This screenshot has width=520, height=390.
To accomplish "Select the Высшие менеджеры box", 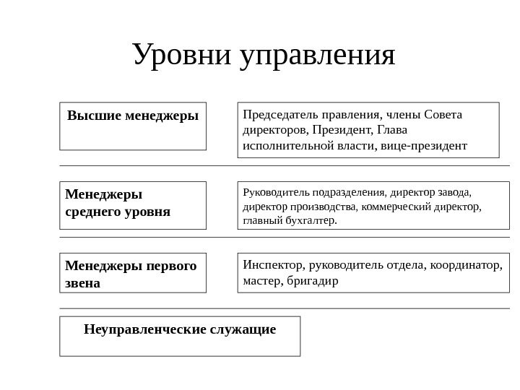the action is (133, 126).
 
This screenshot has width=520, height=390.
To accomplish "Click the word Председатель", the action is (277, 114).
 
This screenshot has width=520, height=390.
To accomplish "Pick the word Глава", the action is (392, 130).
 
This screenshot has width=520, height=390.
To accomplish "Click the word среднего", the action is (93, 212).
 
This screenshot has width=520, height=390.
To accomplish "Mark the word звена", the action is (82, 283).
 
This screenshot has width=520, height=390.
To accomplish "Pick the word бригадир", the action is (312, 280).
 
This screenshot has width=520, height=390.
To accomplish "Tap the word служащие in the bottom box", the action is (243, 330).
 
